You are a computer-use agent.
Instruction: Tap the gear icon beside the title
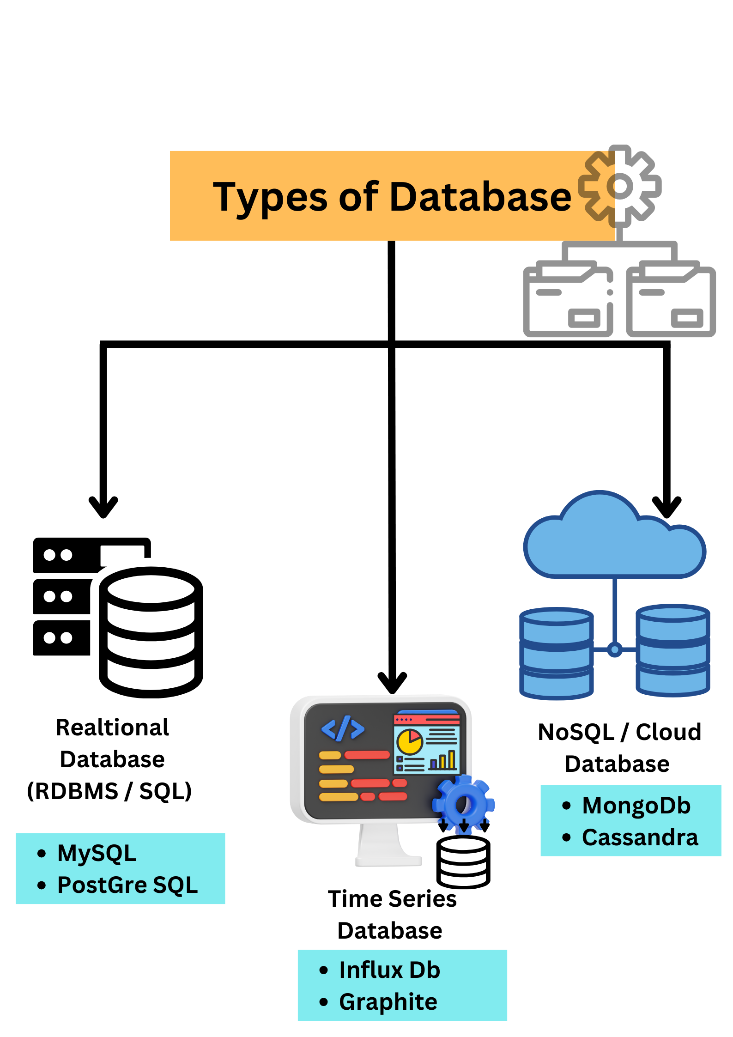(620, 186)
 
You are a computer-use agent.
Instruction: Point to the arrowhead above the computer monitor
(392, 683)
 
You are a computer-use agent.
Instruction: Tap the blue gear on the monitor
(464, 804)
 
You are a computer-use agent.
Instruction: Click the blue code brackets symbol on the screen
(343, 729)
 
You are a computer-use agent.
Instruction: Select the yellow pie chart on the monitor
(410, 741)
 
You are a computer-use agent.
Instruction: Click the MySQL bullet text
(97, 853)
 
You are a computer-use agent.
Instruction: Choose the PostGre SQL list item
(127, 885)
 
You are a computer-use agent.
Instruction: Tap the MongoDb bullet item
(636, 806)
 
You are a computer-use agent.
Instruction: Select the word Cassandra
(640, 837)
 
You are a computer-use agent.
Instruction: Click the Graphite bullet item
(388, 1002)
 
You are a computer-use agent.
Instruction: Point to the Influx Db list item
(389, 970)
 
